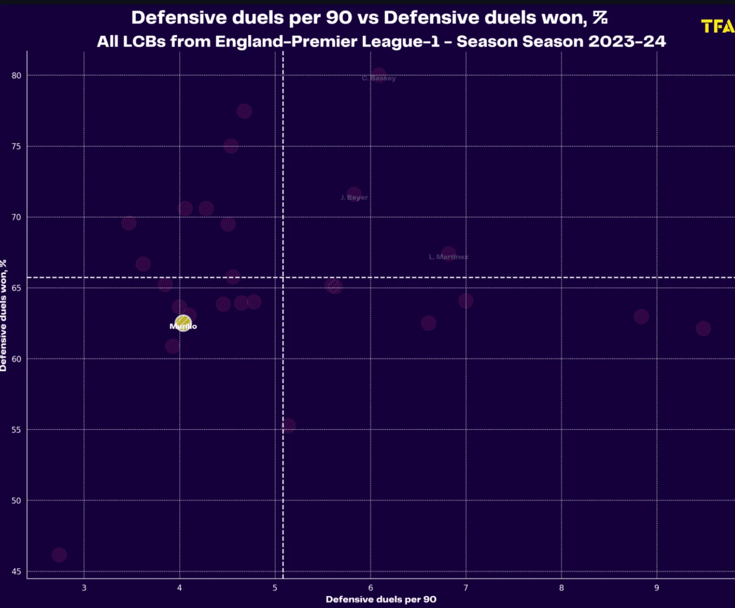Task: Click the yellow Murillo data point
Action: [x=183, y=323]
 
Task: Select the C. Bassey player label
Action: [x=379, y=79]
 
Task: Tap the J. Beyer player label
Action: [x=354, y=197]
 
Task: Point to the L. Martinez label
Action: [x=448, y=257]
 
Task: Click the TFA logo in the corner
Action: [x=718, y=26]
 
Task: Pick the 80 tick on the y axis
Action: [x=17, y=75]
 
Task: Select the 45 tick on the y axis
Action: [x=17, y=571]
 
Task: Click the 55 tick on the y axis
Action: [x=17, y=430]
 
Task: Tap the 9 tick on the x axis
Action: [x=656, y=588]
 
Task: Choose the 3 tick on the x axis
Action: [x=84, y=588]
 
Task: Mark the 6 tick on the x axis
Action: [x=371, y=588]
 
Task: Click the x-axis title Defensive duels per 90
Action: [x=381, y=599]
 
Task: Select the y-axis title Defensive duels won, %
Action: [x=4, y=316]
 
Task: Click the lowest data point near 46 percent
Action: [x=59, y=555]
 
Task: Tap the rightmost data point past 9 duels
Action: [x=703, y=329]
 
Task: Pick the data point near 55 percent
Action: [x=288, y=426]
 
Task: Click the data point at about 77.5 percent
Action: [x=244, y=111]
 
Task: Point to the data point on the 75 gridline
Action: [x=231, y=146]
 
